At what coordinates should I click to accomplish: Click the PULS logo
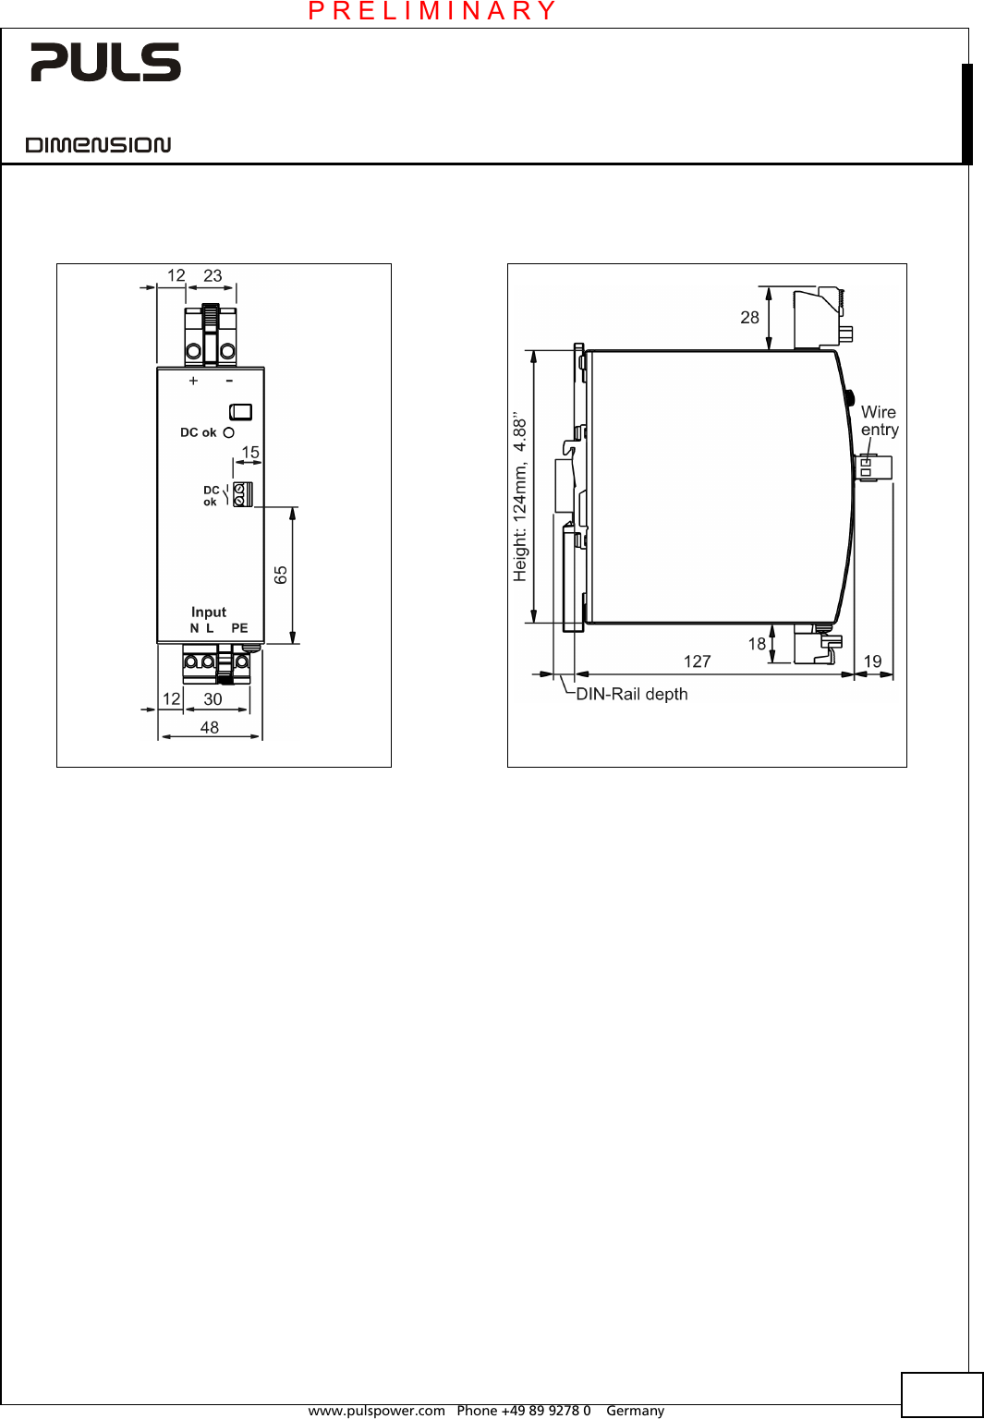(x=105, y=62)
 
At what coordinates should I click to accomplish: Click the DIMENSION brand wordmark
(x=98, y=145)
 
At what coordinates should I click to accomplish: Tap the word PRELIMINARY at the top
(x=432, y=11)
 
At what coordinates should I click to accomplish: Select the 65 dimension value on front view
(x=281, y=575)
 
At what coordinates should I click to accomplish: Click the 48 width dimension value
(x=210, y=728)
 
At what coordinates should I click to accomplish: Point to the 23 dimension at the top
(x=213, y=276)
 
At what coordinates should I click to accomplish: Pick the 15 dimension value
(x=250, y=453)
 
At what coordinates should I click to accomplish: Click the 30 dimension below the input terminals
(x=213, y=699)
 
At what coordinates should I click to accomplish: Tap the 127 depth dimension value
(x=697, y=661)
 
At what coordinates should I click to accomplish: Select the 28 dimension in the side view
(x=749, y=318)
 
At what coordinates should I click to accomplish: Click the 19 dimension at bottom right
(x=872, y=661)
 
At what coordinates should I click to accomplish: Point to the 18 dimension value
(x=757, y=644)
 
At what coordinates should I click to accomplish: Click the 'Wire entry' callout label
(x=879, y=421)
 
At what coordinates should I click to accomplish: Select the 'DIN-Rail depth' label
(x=632, y=695)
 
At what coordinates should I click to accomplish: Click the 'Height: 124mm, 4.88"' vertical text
(x=520, y=497)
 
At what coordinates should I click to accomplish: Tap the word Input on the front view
(x=209, y=612)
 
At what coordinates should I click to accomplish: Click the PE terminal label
(x=239, y=628)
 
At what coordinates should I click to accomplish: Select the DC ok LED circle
(x=229, y=432)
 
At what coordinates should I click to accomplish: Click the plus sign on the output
(x=193, y=381)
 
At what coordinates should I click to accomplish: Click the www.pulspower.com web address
(x=376, y=1411)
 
